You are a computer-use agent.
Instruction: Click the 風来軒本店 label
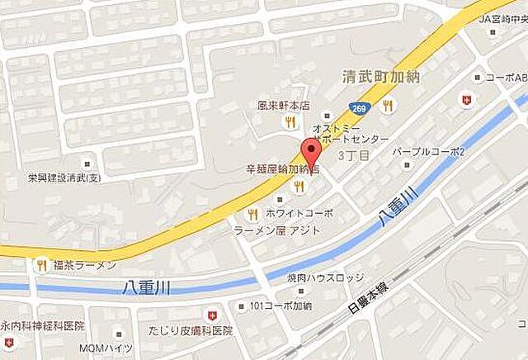281,106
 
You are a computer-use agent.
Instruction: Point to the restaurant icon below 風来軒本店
289,122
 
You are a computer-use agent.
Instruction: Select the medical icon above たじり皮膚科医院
212,315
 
